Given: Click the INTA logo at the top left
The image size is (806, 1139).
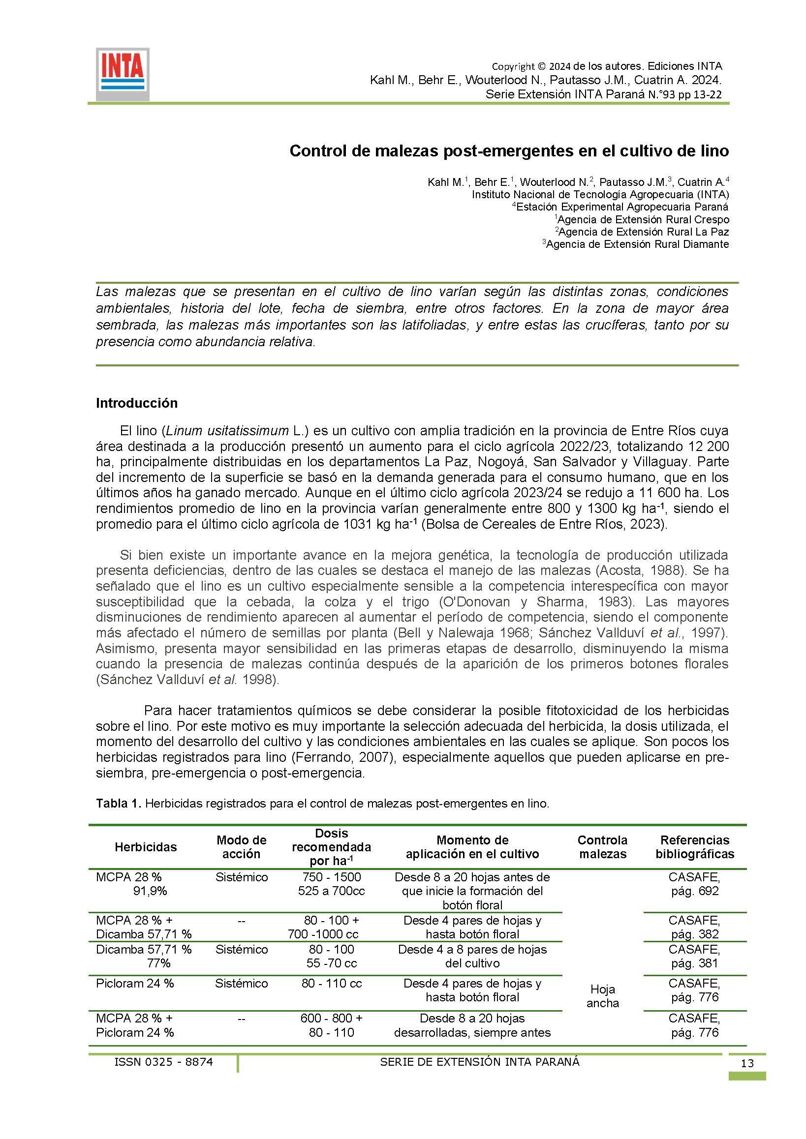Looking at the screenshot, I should [123, 74].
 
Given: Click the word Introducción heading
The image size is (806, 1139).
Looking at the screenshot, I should [136, 403].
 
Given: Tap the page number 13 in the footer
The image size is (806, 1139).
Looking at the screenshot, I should [746, 1077].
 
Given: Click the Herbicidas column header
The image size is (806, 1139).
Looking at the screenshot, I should [146, 847].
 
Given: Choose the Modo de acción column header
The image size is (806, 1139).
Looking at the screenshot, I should [241, 847].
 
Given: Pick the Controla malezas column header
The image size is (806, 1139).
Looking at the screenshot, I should [602, 847].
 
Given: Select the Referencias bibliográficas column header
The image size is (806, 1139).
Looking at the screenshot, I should [694, 847].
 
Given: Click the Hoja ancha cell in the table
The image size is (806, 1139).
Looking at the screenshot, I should [602, 996].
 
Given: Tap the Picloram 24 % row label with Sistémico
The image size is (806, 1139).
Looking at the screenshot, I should [134, 983].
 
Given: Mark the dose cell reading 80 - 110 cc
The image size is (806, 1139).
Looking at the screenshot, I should [331, 983].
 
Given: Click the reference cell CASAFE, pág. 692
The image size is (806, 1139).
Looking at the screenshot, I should [694, 884].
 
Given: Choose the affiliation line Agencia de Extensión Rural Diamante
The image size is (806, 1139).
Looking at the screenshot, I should [637, 244].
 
